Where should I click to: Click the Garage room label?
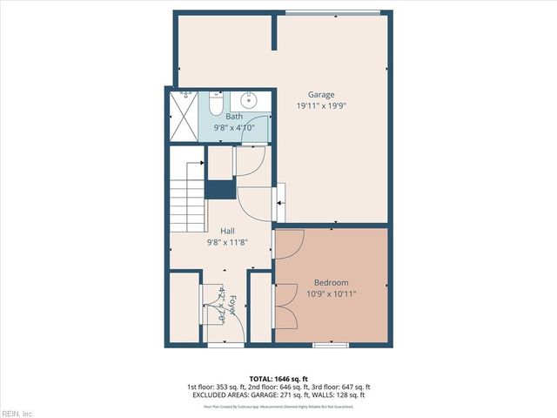(321, 94)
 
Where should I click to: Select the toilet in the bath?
(217, 104)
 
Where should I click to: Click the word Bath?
(234, 117)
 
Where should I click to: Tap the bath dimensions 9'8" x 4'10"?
(234, 127)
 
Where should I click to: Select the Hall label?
(227, 231)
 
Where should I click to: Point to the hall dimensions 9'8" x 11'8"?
(227, 242)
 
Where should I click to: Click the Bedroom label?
(331, 283)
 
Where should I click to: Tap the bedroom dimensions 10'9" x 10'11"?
(331, 293)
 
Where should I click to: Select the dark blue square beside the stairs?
(219, 188)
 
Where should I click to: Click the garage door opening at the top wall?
(332, 12)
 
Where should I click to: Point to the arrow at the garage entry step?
(280, 206)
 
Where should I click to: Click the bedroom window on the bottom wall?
(330, 346)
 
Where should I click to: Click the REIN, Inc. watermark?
(17, 413)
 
